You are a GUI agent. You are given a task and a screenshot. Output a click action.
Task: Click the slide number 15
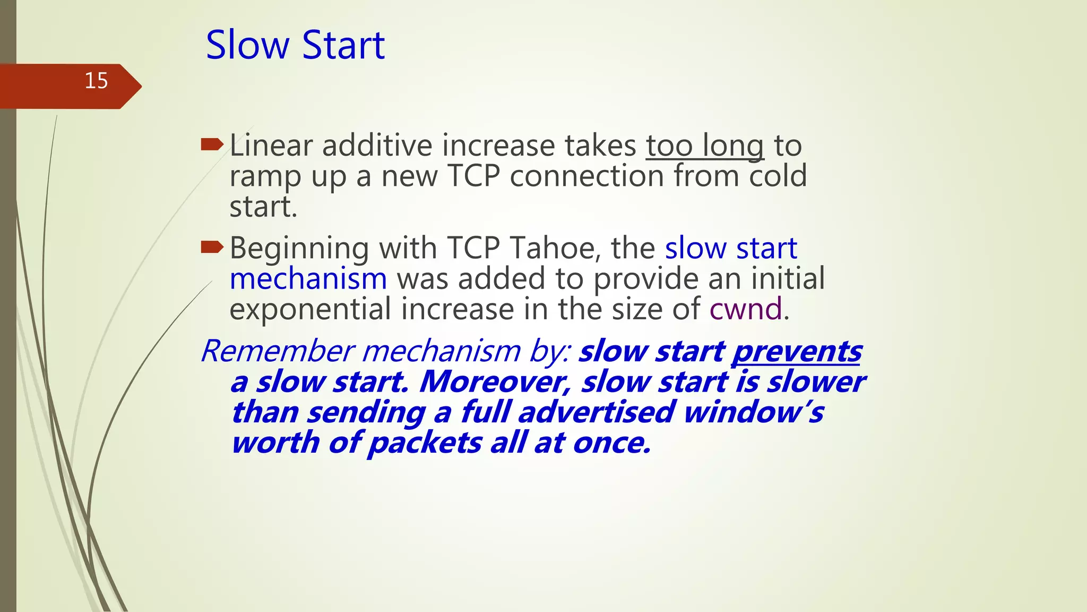[96, 81]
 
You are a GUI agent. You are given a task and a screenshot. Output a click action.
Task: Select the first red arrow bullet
[212, 143]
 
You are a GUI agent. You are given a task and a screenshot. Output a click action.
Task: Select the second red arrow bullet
[212, 246]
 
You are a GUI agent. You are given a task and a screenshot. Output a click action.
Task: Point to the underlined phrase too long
[705, 146]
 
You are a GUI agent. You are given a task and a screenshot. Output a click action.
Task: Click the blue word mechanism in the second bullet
[308, 279]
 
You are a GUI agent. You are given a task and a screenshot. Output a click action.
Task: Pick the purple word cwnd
[746, 309]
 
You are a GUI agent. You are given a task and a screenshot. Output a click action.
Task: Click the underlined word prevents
[797, 352]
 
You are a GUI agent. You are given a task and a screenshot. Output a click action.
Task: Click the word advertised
[596, 413]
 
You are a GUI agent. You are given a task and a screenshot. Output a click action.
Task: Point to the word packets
[425, 443]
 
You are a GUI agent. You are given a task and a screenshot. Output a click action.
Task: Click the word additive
[377, 146]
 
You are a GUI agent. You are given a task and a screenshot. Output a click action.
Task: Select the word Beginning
[299, 249]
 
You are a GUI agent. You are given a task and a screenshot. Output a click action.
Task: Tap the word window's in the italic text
[754, 413]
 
